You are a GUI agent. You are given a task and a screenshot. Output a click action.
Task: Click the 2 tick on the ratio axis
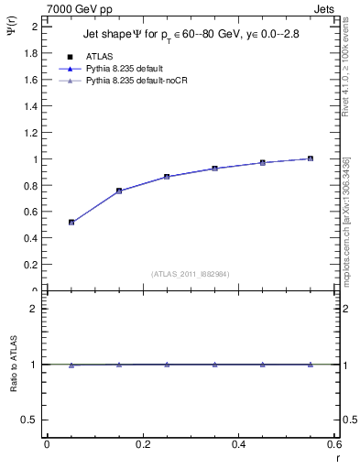(x=34, y=309)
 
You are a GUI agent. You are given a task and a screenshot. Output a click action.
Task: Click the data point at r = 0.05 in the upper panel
(x=71, y=222)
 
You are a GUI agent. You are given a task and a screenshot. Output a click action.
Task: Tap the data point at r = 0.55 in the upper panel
(x=311, y=158)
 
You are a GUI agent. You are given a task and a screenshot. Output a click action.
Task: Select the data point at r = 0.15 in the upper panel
(x=119, y=191)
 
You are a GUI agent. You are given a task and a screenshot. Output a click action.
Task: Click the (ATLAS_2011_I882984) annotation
(x=191, y=273)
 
